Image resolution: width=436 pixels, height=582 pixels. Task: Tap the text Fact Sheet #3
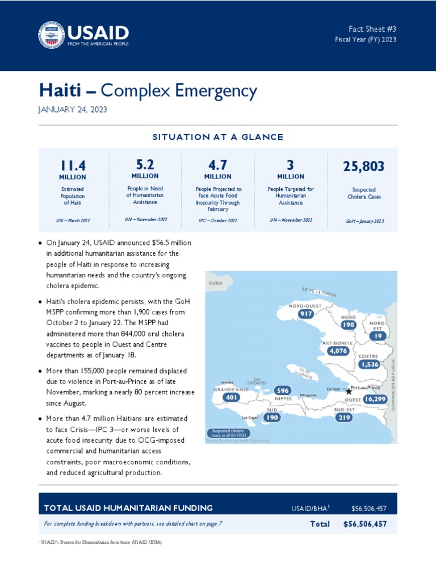coord(372,28)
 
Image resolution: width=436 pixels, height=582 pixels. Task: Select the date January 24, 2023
coord(73,110)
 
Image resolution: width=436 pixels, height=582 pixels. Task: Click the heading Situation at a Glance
coord(218,137)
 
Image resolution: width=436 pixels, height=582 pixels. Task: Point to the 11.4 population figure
coord(73,165)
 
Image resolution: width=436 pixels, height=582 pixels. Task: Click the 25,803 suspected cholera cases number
coord(363,167)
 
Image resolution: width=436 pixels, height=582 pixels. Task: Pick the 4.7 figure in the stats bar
coord(218,165)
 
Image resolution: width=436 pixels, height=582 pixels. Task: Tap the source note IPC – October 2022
coord(218,220)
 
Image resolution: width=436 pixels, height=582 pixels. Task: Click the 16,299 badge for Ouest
coord(375,400)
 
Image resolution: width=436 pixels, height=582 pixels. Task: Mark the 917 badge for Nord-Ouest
coord(305,314)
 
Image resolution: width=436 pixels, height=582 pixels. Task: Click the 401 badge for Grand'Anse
coord(231,398)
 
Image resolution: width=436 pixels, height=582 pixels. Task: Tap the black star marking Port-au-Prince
coord(349,392)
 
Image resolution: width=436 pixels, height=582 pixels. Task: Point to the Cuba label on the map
coord(215,282)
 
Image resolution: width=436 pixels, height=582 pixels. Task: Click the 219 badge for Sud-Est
coord(344,417)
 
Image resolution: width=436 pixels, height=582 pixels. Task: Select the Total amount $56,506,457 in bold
coord(365,524)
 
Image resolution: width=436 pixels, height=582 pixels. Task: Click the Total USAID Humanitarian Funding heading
coord(128,508)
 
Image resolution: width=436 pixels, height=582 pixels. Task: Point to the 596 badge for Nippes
coord(282,390)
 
